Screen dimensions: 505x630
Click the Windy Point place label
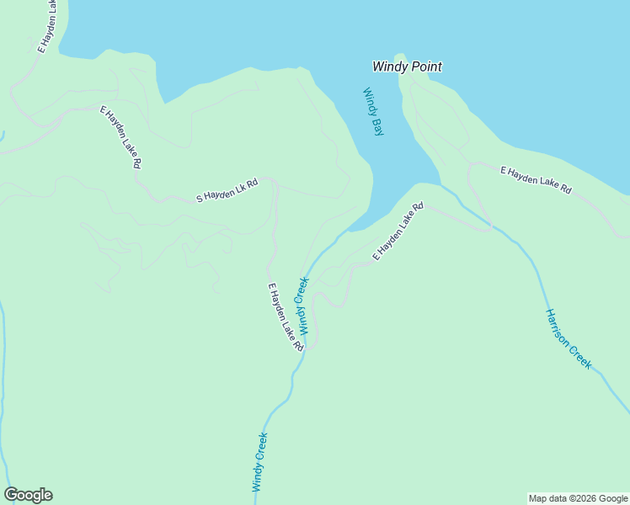[x=408, y=66]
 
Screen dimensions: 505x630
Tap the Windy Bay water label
[x=373, y=112]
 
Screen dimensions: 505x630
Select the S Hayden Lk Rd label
[x=226, y=190]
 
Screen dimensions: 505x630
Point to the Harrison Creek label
[x=568, y=338]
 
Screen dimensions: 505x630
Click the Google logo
[x=28, y=495]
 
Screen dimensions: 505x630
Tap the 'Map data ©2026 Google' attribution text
[x=578, y=498]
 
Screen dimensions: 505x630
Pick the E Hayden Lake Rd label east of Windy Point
[x=536, y=180]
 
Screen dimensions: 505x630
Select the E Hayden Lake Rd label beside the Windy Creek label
[x=286, y=316]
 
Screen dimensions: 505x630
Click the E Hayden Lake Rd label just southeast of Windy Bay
[x=398, y=231]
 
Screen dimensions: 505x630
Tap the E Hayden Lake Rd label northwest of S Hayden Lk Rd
[x=120, y=136]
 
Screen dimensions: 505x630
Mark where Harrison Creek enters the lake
[x=441, y=185]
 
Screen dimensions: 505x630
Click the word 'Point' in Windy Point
[x=426, y=66]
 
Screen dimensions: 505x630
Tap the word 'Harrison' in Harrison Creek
[x=559, y=328]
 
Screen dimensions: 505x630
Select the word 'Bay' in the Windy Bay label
[x=377, y=126]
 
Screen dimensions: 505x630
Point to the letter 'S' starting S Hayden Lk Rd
[x=200, y=199]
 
